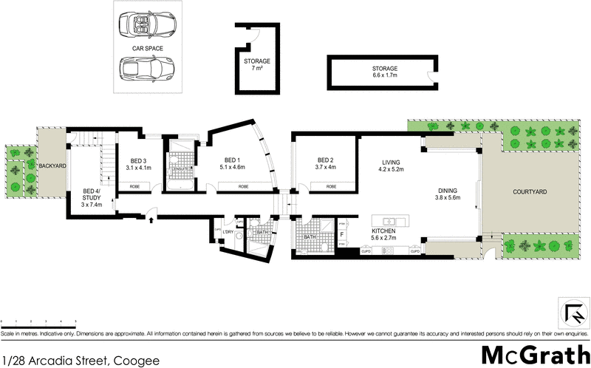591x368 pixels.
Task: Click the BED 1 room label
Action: (232, 160)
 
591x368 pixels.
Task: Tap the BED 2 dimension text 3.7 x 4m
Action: (326, 167)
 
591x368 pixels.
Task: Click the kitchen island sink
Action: (389, 220)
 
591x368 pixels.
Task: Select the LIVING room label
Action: (391, 163)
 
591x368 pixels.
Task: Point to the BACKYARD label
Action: (52, 166)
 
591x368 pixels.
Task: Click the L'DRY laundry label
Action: (228, 233)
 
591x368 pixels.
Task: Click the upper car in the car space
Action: (147, 26)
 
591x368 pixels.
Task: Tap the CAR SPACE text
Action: (147, 48)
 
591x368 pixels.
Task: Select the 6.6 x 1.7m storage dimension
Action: (385, 75)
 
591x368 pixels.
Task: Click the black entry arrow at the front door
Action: (151, 219)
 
